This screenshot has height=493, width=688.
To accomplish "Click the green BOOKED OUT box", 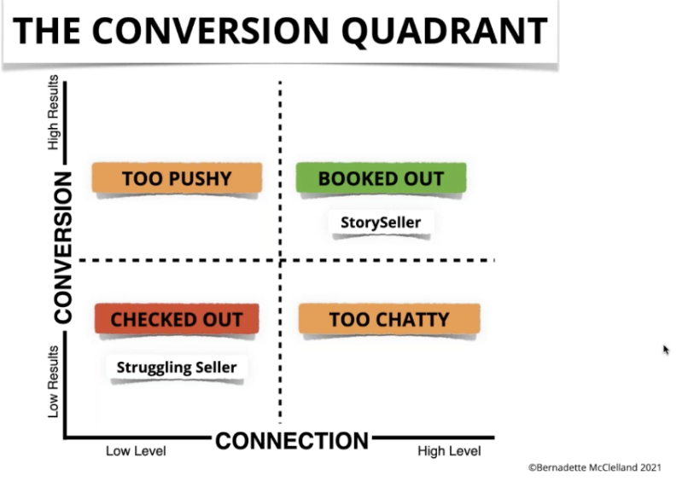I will point(381,178).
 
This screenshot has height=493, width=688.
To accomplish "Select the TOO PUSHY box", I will point(176,178).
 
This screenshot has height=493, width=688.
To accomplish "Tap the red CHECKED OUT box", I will point(176,320).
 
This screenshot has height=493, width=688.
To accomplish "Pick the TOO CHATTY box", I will point(388,319).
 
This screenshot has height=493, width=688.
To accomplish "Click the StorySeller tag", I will point(381,223).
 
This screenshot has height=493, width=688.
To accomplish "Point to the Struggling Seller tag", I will point(176,368).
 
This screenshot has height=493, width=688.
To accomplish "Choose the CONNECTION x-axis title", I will point(291,441).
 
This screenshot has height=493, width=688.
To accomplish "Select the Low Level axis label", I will point(136,450).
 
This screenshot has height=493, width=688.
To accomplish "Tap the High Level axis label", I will point(449,450).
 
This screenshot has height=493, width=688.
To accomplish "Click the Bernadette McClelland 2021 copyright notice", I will point(594,467).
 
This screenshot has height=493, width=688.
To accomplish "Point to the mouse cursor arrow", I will point(665,348).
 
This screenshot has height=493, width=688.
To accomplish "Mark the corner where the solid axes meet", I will point(65,438).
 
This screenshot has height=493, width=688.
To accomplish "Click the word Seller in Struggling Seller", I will point(214,368).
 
